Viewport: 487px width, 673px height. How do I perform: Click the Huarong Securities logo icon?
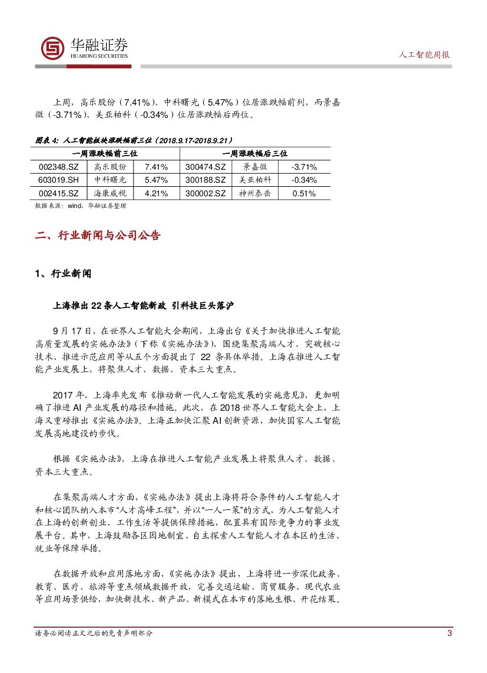tap(52, 48)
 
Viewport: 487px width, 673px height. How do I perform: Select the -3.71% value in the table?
tap(304, 167)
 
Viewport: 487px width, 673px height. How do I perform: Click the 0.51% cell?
tap(304, 193)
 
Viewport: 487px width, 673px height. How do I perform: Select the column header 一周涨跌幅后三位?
tap(255, 153)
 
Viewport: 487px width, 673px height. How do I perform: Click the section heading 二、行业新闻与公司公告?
tap(98, 236)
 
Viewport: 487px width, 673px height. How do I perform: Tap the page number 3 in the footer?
tap(449, 634)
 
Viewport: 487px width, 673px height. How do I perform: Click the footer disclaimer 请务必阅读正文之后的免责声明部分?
tap(94, 634)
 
